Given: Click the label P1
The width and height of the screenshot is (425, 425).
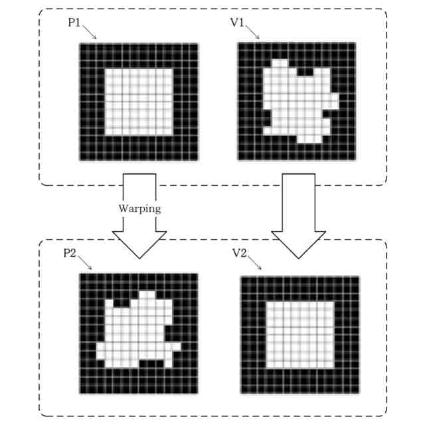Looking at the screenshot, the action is point(75,22).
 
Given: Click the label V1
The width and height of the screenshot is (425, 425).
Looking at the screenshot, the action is point(237,22).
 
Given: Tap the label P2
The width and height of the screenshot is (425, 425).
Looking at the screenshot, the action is point(70,253).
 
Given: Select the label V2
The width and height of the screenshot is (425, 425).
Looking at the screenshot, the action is point(240,253).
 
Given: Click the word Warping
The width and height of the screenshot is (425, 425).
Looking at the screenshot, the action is point(139,208).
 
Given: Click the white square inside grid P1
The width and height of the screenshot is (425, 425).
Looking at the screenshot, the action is point(139,101).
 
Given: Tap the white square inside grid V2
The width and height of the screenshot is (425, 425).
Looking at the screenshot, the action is point(299,335).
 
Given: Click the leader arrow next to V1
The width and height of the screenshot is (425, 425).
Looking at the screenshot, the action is point(253,32).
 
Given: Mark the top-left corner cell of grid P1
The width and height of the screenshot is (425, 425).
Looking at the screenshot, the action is point(83,46).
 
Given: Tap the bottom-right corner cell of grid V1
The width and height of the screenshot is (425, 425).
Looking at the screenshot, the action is point(351,157).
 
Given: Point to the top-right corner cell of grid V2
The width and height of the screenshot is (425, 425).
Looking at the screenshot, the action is point(355,280).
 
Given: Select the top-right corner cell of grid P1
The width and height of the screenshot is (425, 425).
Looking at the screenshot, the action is point(195,46).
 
